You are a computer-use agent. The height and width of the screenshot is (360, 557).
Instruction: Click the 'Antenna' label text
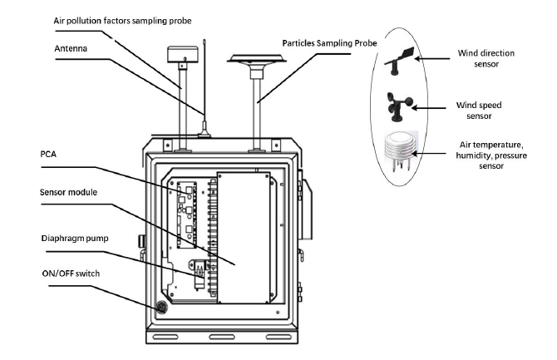71,48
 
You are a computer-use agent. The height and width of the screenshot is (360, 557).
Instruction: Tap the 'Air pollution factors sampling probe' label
122,21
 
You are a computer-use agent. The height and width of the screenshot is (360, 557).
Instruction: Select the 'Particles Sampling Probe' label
329,43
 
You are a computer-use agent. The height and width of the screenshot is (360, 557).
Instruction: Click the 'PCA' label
48,155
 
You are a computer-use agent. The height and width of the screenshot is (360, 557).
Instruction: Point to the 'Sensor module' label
68,192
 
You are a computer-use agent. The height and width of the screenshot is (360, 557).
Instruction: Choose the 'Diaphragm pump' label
75,239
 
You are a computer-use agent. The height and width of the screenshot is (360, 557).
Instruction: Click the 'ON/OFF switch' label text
71,274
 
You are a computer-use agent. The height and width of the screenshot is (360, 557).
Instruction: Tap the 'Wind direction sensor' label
486,59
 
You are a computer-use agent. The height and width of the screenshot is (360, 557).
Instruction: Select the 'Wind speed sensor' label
479,111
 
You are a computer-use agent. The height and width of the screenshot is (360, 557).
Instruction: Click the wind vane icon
400,61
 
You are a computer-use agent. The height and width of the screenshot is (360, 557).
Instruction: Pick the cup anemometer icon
398,106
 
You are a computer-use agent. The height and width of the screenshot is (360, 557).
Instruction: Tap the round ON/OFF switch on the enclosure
161,307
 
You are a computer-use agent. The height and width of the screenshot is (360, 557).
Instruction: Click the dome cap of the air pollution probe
182,54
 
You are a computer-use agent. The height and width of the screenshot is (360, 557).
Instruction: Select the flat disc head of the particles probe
257,59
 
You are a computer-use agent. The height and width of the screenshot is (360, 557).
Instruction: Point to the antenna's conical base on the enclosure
205,130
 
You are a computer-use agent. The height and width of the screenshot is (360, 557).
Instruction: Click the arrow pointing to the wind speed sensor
429,108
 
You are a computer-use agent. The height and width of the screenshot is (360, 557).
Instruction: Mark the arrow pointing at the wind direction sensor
432,59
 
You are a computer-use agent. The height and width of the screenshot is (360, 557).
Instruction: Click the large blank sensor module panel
244,238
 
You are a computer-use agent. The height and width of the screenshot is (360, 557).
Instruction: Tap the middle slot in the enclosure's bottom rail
222,337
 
